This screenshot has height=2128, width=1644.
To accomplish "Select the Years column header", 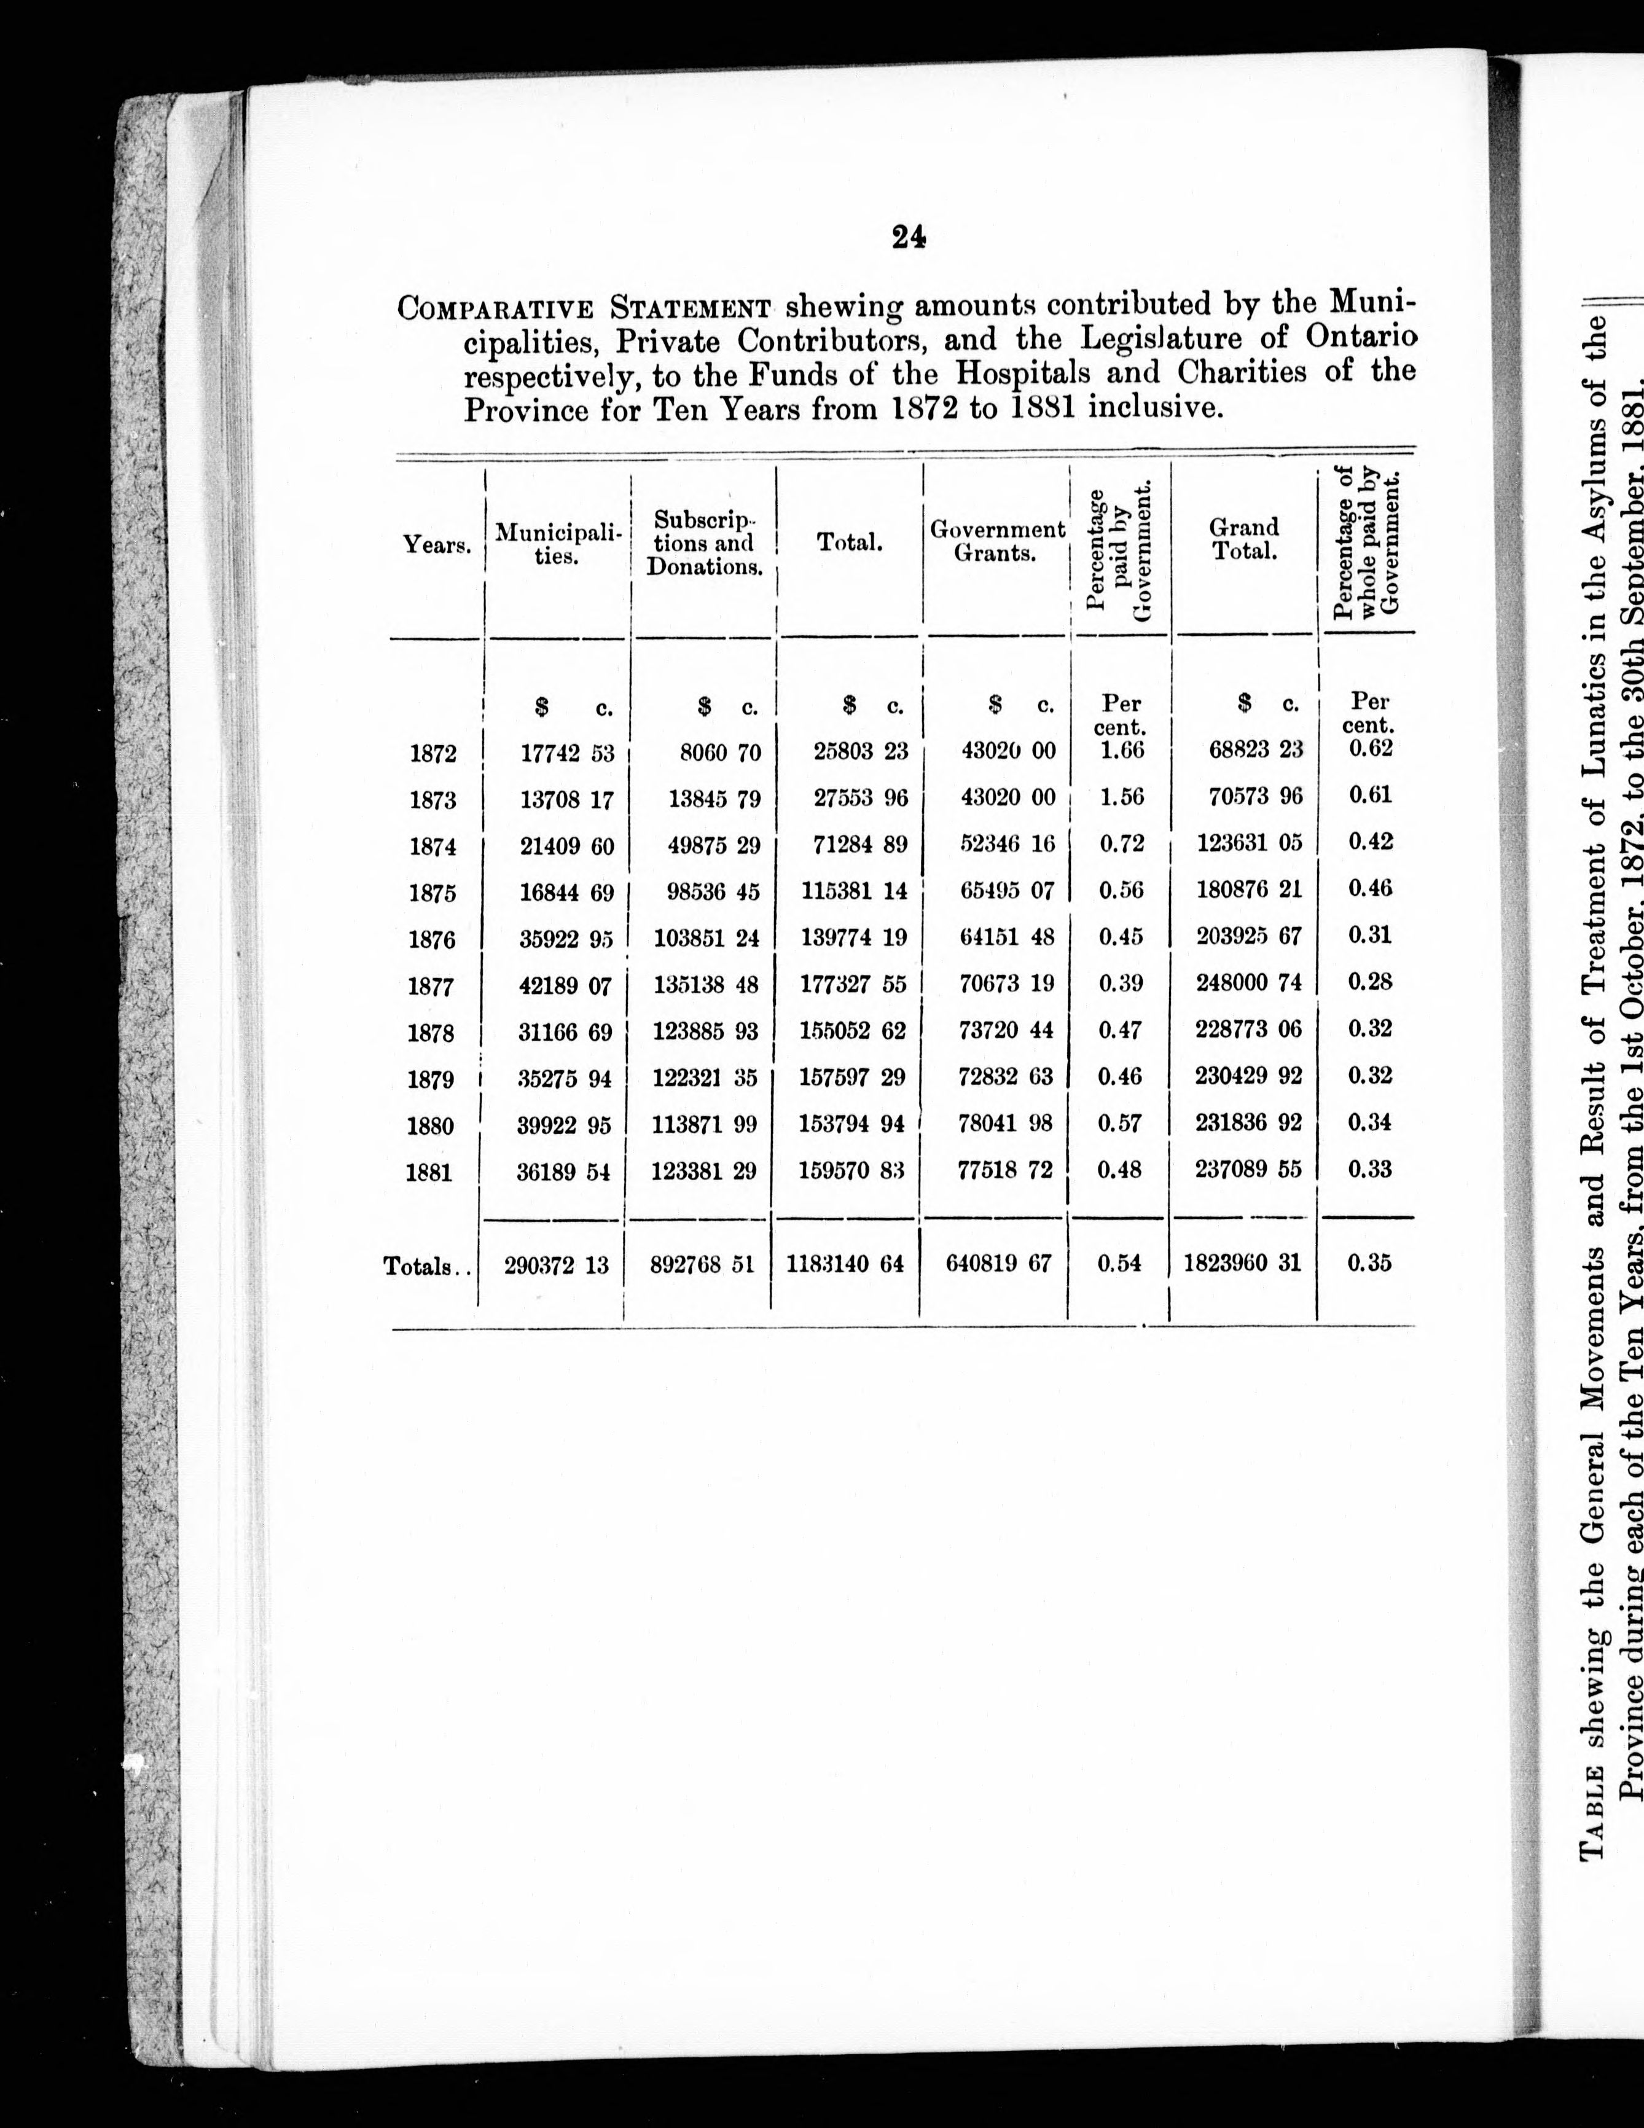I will (437, 545).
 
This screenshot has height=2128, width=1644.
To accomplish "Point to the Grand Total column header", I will (1243, 539).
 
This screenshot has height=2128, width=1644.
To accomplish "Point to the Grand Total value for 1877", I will (1248, 983).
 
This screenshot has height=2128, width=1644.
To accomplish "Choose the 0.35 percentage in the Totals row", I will (1369, 1263).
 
